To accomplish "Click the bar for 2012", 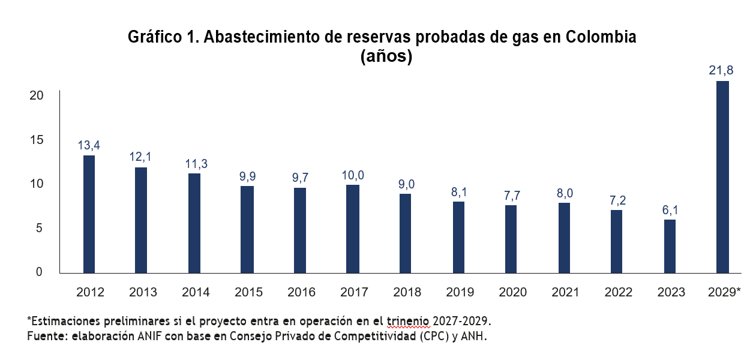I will click(89, 214).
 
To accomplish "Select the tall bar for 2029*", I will click(723, 177).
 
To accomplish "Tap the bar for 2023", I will click(670, 246).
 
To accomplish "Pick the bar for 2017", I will click(353, 229).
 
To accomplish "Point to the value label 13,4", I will click(89, 145).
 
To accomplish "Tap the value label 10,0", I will click(353, 175).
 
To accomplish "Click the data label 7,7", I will click(511, 195).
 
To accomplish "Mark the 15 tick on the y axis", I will click(37, 140).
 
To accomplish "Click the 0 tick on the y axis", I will click(40, 272).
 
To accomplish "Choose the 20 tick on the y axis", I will click(37, 95).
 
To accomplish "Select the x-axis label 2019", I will click(460, 292).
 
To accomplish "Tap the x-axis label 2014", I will click(196, 292).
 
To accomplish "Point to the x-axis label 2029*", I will click(724, 292).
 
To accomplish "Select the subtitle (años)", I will click(386, 57).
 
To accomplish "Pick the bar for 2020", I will click(511, 239).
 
